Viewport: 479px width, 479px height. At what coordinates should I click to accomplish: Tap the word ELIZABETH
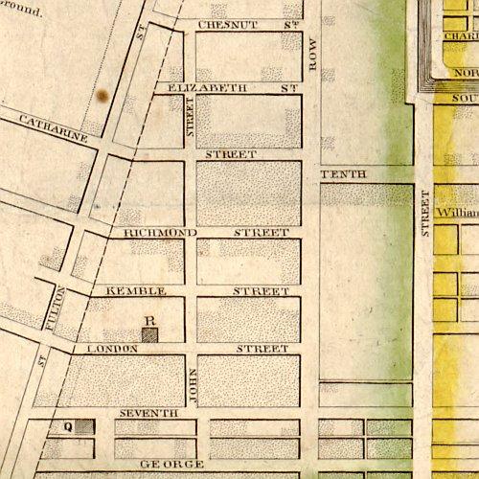(x=207, y=87)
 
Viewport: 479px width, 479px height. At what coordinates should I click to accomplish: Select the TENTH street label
(x=338, y=173)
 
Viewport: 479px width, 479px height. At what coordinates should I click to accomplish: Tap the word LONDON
(x=113, y=349)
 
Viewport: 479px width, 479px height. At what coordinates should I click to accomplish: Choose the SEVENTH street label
(x=148, y=413)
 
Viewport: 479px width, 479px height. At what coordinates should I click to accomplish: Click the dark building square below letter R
(x=149, y=334)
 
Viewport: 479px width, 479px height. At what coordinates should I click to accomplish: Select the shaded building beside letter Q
(x=84, y=426)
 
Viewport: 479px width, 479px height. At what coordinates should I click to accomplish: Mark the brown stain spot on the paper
(x=102, y=94)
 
